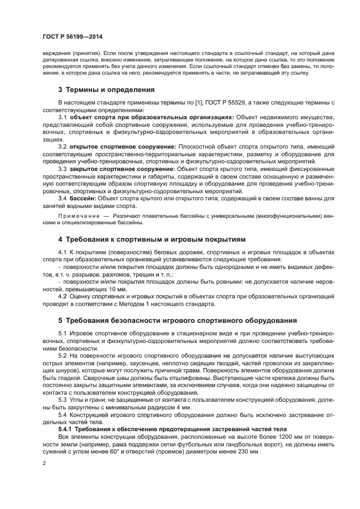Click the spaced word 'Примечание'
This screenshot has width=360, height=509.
tap(75, 216)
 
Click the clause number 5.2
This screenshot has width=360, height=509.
tap(62, 354)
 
